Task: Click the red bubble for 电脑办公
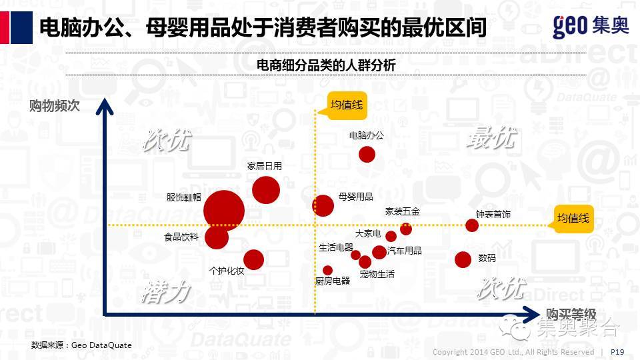[367, 155]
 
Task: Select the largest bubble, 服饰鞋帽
[224, 210]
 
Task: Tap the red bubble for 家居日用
[265, 191]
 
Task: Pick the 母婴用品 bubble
[323, 205]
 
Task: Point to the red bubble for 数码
[463, 259]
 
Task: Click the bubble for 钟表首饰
[472, 225]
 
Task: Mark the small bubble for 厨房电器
[327, 271]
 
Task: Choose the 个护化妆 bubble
[253, 259]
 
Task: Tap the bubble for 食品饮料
[216, 237]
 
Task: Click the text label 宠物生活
[377, 274]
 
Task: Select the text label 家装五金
[403, 212]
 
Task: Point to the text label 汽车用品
[405, 251]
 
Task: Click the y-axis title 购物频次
[55, 105]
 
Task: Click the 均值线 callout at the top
[347, 105]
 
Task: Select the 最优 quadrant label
[491, 138]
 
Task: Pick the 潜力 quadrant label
[165, 292]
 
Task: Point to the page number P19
[617, 352]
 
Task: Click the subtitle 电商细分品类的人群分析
[326, 65]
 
